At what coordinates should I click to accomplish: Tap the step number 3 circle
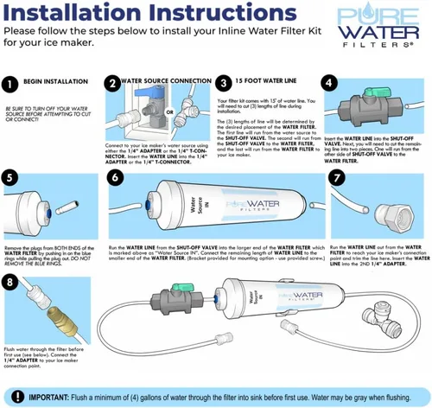click(x=223, y=84)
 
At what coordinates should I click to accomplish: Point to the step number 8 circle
click(x=11, y=284)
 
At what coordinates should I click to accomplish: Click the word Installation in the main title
click(x=60, y=13)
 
